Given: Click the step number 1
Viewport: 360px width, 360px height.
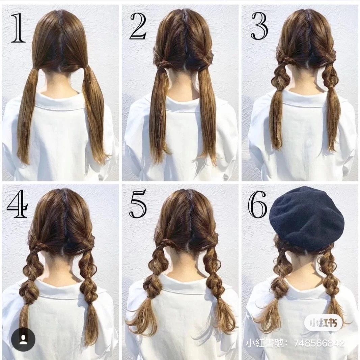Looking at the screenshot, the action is tap(18, 28).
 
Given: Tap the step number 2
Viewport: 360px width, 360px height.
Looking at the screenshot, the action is tap(138, 26).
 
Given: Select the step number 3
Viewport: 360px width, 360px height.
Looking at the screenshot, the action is tap(259, 26).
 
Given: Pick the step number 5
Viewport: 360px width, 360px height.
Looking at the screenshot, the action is tap(138, 203).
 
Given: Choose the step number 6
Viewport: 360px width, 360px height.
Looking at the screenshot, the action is tap(258, 203).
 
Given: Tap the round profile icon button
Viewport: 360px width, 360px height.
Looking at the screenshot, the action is tap(23, 339).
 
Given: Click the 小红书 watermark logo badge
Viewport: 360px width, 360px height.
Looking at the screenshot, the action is tap(324, 323).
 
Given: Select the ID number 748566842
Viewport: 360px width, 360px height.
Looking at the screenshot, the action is tap(319, 343).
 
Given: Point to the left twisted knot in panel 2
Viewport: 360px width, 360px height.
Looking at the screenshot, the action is tap(162, 63).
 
